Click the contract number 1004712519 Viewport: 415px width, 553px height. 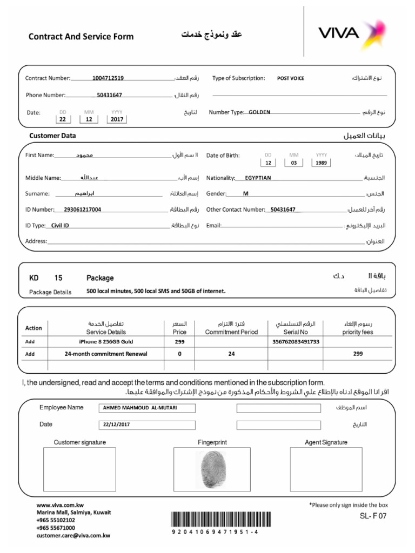pyautogui.click(x=108, y=78)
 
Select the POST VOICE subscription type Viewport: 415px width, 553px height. pyautogui.click(x=291, y=78)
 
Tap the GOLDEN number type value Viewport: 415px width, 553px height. pyautogui.click(x=259, y=112)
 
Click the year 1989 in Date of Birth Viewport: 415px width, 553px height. pyautogui.click(x=322, y=163)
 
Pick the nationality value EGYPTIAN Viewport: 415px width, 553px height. pyautogui.click(x=258, y=178)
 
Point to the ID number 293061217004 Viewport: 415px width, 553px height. pyautogui.click(x=82, y=210)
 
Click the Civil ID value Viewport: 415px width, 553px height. pyautogui.click(x=60, y=225)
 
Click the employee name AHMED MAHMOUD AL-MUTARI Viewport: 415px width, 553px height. pyautogui.click(x=139, y=408)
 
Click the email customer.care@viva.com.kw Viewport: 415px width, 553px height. pyautogui.click(x=73, y=536)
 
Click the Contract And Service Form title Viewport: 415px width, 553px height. pyautogui.click(x=81, y=37)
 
